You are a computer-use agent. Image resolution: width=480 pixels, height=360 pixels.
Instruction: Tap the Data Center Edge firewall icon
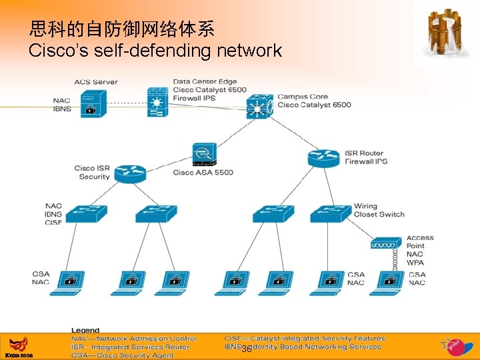[158, 103]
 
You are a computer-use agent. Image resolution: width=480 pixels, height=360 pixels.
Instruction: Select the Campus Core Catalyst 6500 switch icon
[259, 107]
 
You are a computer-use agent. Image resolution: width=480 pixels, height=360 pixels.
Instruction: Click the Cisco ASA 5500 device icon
[203, 155]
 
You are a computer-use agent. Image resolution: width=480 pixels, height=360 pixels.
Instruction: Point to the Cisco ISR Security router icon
[129, 173]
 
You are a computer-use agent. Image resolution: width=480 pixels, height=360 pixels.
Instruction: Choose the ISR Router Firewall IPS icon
[324, 158]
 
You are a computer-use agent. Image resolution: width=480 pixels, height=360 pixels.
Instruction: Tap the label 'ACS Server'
[95, 82]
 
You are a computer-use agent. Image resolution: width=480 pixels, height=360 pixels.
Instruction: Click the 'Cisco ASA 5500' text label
[203, 173]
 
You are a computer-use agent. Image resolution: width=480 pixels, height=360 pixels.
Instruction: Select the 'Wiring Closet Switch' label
[379, 210]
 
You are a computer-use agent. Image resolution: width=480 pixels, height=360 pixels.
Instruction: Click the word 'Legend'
[85, 330]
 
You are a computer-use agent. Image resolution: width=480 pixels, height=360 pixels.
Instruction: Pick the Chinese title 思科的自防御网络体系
[122, 29]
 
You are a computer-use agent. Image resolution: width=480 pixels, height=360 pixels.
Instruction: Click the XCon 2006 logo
[18, 347]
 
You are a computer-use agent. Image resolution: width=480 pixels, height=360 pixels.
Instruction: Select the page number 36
[247, 349]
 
